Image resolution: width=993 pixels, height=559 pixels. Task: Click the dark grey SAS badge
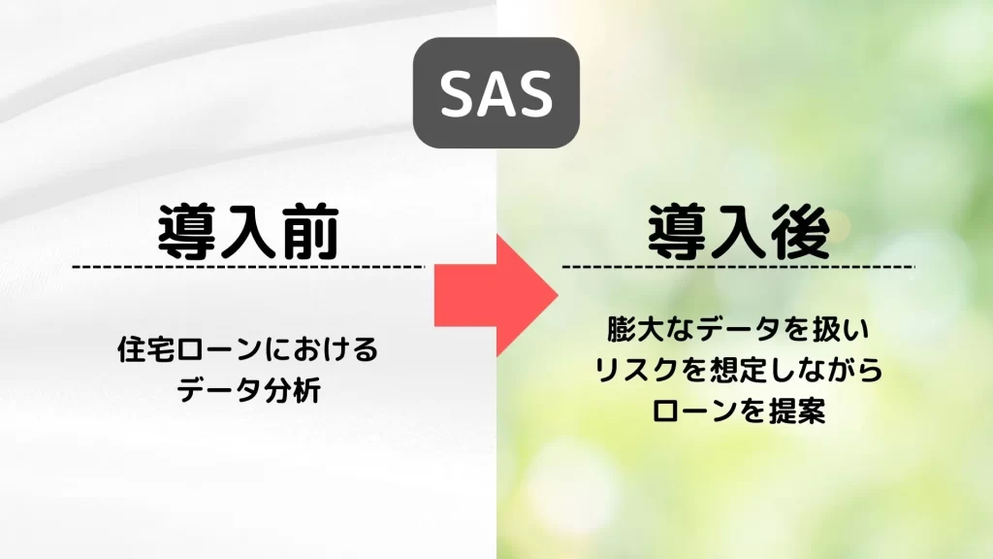pos(496,92)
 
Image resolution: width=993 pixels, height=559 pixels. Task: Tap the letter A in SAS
pos(496,93)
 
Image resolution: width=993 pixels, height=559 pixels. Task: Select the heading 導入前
pos(248,232)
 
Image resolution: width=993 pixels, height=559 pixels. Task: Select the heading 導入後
pos(738,232)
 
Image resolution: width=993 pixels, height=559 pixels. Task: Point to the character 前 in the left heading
pos(309,232)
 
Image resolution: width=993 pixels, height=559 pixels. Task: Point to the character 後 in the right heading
pos(800,232)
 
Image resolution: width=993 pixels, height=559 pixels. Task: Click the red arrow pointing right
pos(496,295)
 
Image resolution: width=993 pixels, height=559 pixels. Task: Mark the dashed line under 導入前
pos(248,267)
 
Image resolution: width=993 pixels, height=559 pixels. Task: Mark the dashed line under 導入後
pos(738,267)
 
